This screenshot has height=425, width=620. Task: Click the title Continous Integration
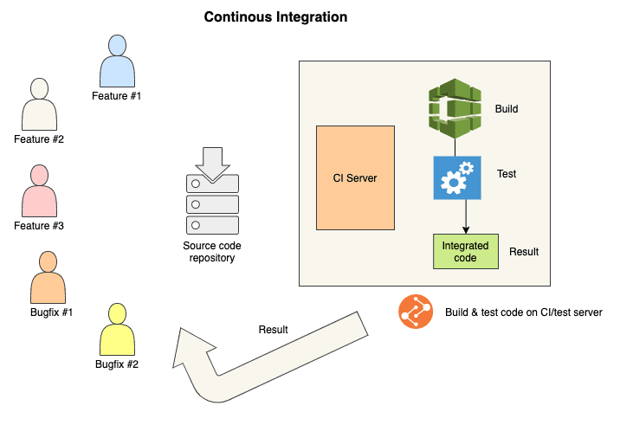(275, 16)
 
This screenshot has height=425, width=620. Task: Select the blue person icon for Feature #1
(117, 60)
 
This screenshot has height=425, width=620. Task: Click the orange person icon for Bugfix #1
(48, 277)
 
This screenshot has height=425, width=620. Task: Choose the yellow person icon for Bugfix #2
(117, 329)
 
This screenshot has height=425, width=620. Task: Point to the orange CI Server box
(355, 177)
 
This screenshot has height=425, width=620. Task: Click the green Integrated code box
(466, 250)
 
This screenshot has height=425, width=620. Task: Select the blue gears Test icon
(457, 178)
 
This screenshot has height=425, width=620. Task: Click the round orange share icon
(416, 312)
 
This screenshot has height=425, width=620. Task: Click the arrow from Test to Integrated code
(467, 216)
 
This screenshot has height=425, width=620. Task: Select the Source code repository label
(212, 252)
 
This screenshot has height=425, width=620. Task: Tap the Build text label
(507, 109)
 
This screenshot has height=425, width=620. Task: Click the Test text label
(507, 174)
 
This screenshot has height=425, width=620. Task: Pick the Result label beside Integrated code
(524, 252)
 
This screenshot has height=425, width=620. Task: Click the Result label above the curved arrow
(274, 330)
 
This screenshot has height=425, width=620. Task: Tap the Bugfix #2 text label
(117, 364)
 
